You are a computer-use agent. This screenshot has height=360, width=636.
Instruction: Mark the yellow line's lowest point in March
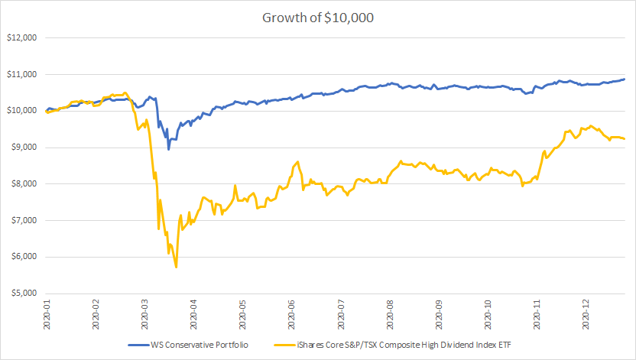[177, 267]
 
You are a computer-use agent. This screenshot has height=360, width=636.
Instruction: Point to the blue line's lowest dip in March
[168, 149]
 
